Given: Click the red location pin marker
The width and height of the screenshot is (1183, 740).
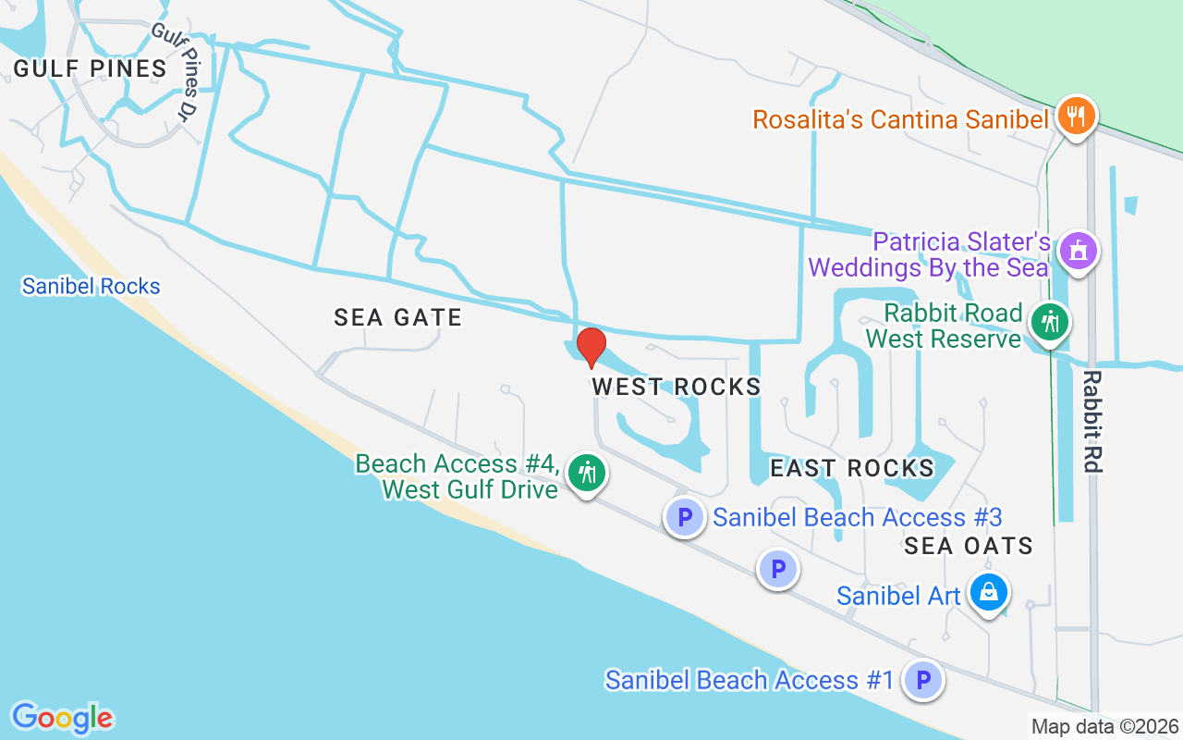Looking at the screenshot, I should pos(591,348).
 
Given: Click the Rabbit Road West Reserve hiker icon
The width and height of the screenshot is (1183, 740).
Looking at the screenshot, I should pos(1050,323).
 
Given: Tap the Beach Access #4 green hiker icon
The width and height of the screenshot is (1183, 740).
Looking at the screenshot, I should pos(586,473).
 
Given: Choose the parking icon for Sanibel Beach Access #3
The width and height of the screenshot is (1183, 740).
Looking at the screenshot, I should pos(685,516).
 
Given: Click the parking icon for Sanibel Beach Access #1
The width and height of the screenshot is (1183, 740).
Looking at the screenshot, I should pos(922,681).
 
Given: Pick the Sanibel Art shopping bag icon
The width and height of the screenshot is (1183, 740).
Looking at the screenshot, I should pos(989,592).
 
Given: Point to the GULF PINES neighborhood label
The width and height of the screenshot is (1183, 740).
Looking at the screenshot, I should pos(90,68).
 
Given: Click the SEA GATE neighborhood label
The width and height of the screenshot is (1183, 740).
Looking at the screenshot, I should pos(397,317).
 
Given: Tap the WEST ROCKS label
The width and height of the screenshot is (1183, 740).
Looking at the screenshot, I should pos(677,387).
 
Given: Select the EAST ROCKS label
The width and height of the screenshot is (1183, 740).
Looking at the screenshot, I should pos(852,468).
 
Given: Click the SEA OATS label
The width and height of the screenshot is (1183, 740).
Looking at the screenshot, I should pos(969,546).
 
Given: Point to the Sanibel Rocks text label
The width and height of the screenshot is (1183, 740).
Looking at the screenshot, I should pos(91,287).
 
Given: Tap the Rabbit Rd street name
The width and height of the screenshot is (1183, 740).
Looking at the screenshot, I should pos(1092,422).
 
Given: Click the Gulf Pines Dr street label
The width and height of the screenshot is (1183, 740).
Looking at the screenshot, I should pos(177,72).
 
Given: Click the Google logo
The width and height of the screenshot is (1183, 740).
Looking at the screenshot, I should pos(63,718).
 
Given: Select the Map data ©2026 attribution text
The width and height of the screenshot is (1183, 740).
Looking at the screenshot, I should pos(1105,727).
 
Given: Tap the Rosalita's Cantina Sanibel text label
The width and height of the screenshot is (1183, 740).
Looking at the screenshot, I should pos(901,119).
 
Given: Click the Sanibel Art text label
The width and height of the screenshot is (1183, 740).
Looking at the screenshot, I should pos(898,596).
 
